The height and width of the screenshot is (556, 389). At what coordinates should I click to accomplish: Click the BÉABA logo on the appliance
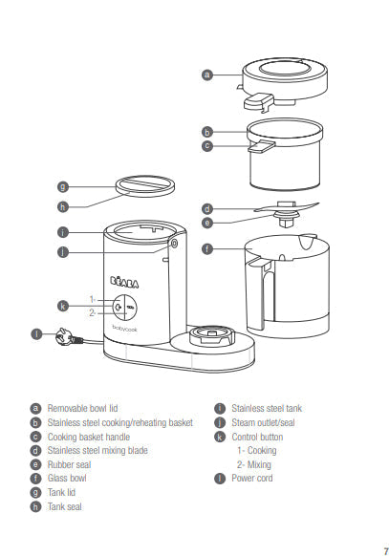[x=124, y=282]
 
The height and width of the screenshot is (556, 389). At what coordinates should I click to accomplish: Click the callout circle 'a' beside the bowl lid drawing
[x=207, y=75]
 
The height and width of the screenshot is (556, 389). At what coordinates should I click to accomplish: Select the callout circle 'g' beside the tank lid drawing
[x=63, y=186]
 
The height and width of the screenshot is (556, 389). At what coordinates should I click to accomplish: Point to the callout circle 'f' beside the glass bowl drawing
[x=207, y=248]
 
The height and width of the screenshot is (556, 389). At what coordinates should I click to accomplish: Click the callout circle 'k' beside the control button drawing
[x=63, y=306]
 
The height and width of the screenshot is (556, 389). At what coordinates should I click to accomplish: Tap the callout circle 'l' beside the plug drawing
[x=36, y=334]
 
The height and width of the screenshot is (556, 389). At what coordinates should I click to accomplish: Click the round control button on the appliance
[x=125, y=307]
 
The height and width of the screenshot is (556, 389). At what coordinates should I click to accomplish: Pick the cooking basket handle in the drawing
[x=261, y=146]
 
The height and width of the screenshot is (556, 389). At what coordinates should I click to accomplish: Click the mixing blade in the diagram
[x=287, y=207]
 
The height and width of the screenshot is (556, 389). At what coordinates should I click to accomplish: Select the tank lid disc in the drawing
[x=145, y=186]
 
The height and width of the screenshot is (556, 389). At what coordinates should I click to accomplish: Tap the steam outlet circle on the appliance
[x=174, y=244]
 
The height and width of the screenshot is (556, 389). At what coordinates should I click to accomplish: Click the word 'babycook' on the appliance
[x=125, y=329]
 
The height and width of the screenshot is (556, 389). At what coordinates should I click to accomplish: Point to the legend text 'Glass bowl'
[x=67, y=478]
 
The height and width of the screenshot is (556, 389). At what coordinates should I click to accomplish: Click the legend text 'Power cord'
[x=252, y=478]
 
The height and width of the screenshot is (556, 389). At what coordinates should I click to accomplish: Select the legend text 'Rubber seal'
[x=69, y=464]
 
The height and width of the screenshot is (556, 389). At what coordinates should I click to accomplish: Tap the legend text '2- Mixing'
[x=254, y=464]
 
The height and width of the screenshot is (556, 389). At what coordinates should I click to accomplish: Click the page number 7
[x=386, y=551]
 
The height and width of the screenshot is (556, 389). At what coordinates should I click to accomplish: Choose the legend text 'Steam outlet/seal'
[x=263, y=422]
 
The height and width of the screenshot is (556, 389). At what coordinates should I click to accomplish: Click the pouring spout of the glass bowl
[x=308, y=241]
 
